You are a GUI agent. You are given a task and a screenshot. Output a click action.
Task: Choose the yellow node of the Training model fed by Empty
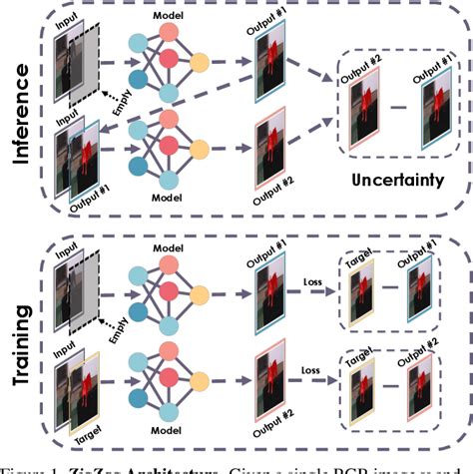(x=200, y=295)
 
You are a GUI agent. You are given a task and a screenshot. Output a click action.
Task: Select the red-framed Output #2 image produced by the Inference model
(x=269, y=155)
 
